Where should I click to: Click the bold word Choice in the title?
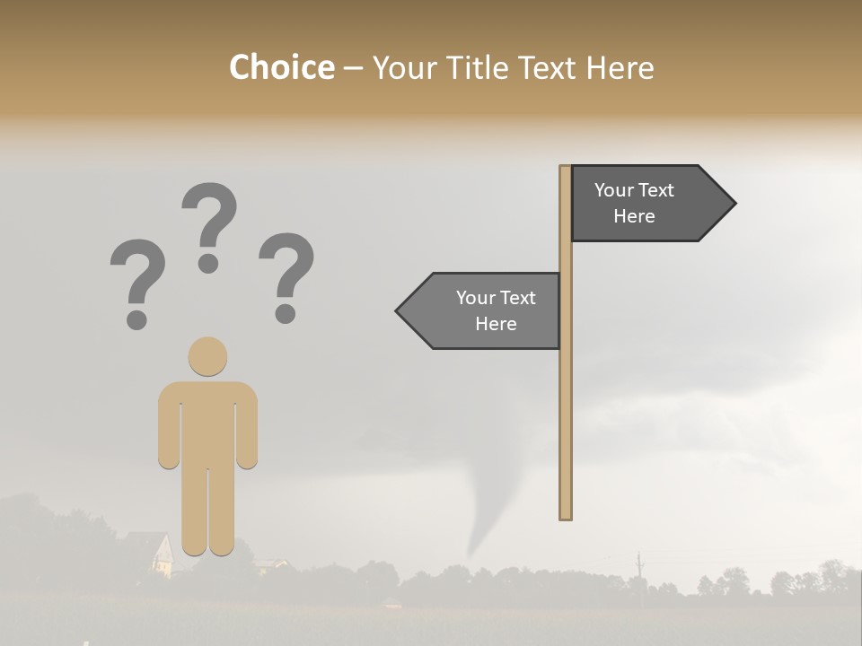point(281,67)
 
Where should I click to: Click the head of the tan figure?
point(207,356)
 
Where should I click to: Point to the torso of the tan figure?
point(207,422)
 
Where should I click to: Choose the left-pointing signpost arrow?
point(485,310)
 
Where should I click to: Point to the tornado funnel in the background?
point(490,502)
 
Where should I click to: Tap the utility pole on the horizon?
point(639,571)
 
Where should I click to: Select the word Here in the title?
point(620,67)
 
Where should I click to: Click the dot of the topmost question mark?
point(208,263)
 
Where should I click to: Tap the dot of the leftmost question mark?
point(136,319)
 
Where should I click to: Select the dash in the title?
point(354,69)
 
